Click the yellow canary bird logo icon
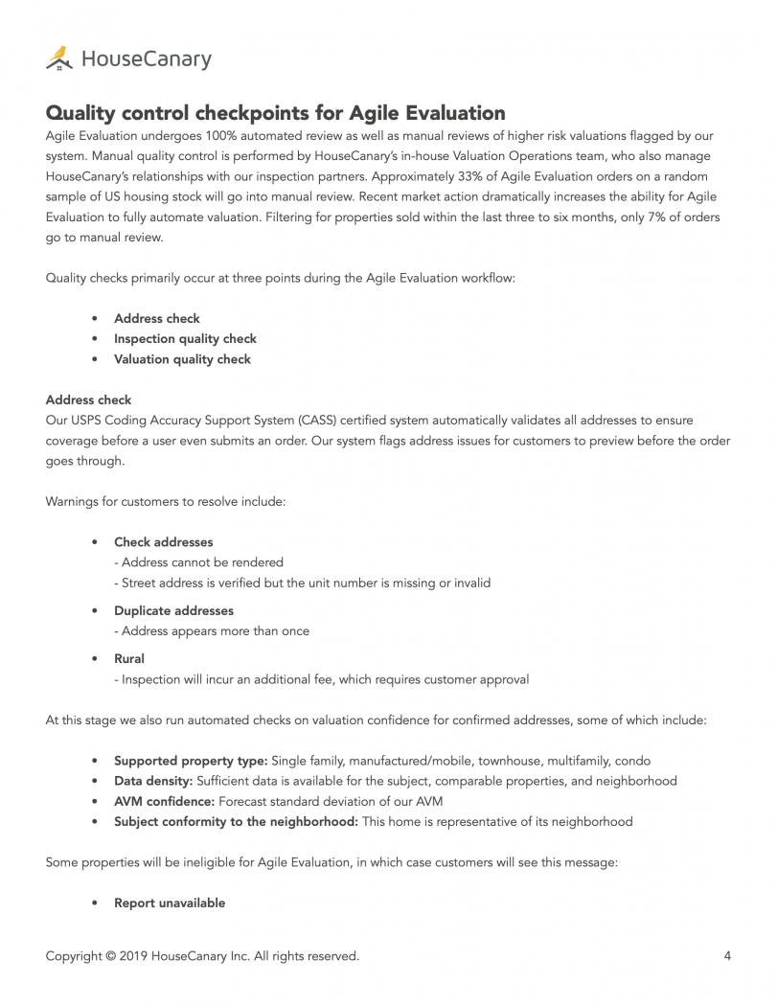59,58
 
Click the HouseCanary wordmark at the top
146,59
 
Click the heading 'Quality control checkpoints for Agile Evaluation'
275,114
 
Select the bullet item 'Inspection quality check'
185,339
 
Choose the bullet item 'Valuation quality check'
182,359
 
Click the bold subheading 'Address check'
88,400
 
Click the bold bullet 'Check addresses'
163,542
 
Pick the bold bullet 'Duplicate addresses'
173,610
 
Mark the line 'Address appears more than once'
212,631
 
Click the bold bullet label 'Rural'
129,659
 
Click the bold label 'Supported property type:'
191,761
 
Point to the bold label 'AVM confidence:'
164,801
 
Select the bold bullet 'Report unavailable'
170,903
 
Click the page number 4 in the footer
727,955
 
